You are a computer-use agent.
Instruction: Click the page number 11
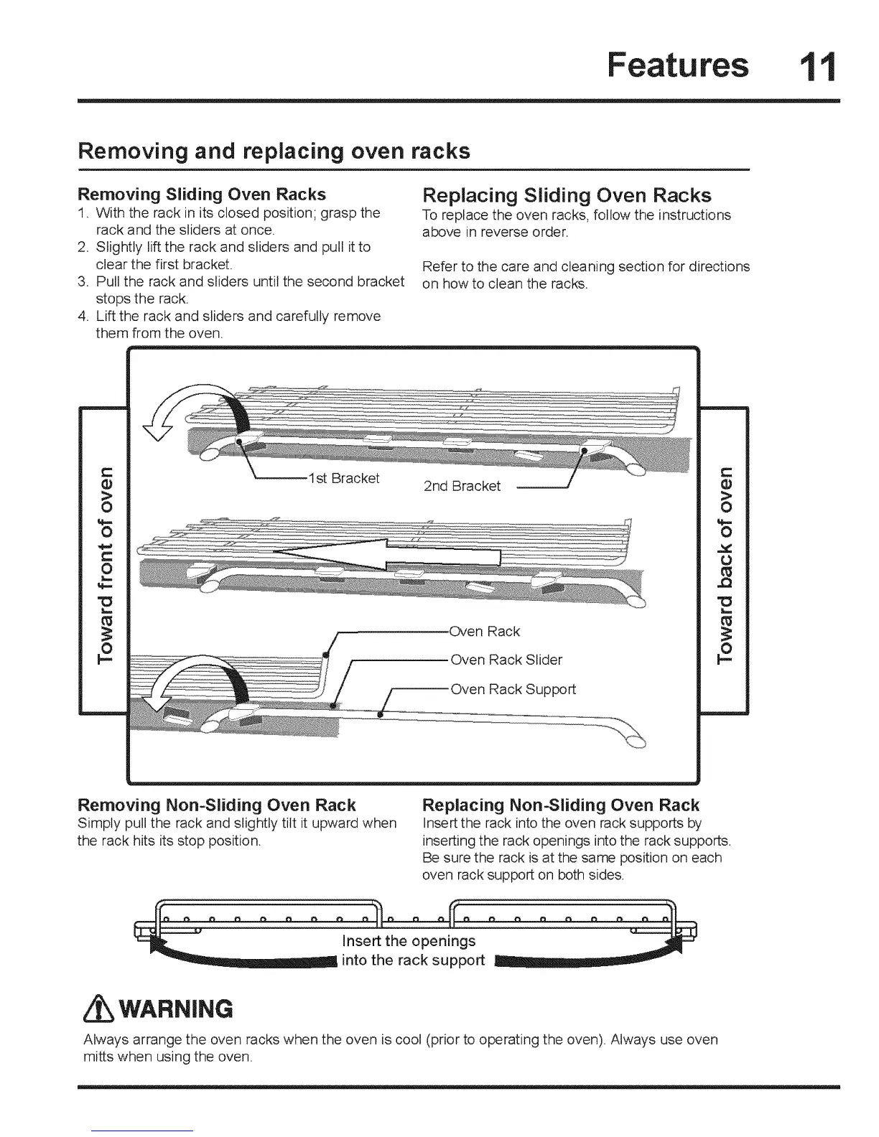click(x=819, y=66)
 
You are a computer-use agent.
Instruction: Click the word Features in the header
click(x=677, y=65)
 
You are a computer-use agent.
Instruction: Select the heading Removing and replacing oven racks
click(x=274, y=151)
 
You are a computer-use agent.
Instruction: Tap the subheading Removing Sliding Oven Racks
click(x=201, y=195)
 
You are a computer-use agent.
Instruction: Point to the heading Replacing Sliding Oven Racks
click(x=567, y=195)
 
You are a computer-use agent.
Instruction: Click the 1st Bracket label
click(x=343, y=478)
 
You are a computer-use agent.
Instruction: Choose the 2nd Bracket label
click(x=462, y=486)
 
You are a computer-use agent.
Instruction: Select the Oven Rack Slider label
click(x=506, y=660)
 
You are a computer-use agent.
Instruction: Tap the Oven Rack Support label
click(x=513, y=689)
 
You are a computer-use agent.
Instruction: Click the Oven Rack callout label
click(x=484, y=631)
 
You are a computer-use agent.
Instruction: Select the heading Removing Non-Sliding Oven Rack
click(x=216, y=805)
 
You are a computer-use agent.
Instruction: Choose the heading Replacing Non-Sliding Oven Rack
click(x=561, y=805)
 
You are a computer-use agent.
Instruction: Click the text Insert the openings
click(x=409, y=940)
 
